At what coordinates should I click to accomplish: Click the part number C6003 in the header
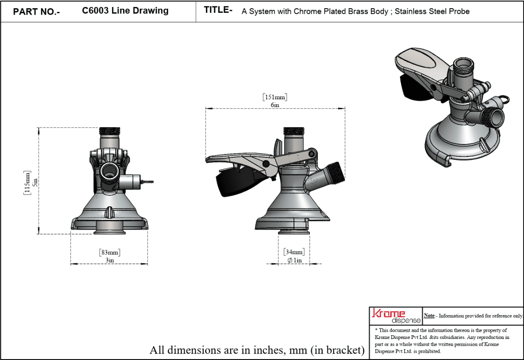coord(95,11)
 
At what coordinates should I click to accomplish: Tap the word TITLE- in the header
coord(218,10)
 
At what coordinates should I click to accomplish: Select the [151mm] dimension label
coord(275,97)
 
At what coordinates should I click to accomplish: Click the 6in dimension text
coord(275,105)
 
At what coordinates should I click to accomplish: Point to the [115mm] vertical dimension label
coord(27,183)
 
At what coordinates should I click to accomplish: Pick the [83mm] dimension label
coord(110,252)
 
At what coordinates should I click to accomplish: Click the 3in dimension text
coord(110,260)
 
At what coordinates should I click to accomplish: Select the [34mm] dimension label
coord(294,252)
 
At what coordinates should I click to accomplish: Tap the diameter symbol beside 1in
coord(290,260)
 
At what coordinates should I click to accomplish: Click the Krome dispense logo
coord(396,316)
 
